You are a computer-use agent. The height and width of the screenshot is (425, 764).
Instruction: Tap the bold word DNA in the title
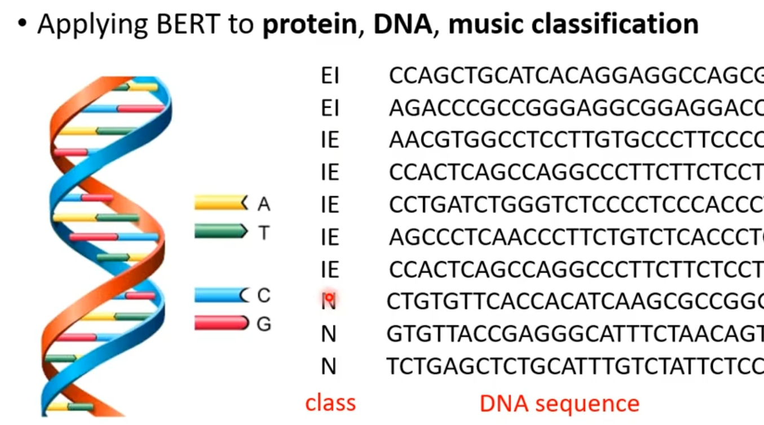coord(402,24)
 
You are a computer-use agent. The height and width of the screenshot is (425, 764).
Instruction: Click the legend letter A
coord(263,204)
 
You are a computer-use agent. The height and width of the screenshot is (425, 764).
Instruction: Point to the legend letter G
coord(263,324)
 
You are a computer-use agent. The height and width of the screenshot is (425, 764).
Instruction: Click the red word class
coord(330,403)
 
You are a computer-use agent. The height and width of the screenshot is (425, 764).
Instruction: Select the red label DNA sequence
coord(559,403)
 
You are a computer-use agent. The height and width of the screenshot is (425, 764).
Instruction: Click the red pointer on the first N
coord(328,296)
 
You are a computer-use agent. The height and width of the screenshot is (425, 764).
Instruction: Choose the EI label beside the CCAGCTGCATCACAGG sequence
coord(330,76)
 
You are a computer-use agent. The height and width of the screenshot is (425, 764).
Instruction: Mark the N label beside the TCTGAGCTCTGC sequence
coord(329,367)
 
